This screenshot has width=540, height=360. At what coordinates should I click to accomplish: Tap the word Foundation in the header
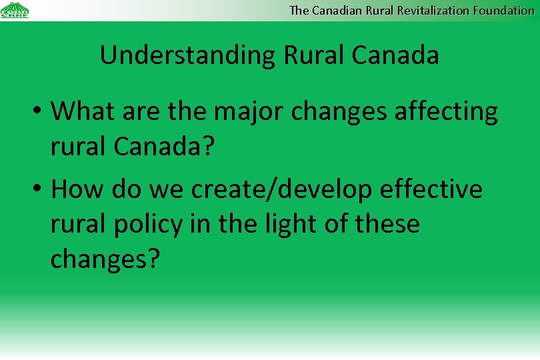pyautogui.click(x=504, y=10)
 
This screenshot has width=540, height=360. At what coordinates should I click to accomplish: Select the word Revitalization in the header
pyautogui.click(x=430, y=10)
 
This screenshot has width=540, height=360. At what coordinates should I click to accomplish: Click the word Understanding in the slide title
pyautogui.click(x=187, y=55)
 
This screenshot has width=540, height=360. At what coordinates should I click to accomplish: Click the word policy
pyautogui.click(x=148, y=225)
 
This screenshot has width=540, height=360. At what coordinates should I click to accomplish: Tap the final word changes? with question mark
pyautogui.click(x=105, y=259)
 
